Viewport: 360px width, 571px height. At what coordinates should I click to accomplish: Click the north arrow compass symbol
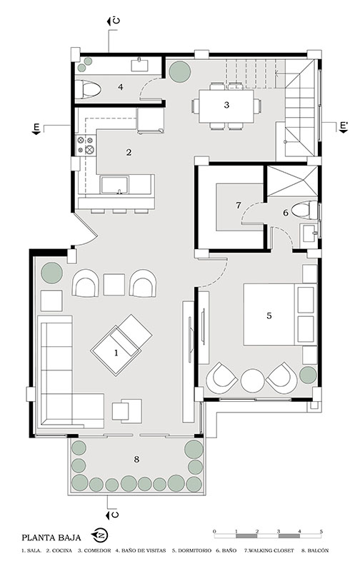[100, 535]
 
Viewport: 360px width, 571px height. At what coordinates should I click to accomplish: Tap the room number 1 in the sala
[116, 353]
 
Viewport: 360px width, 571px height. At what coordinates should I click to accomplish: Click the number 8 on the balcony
[136, 459]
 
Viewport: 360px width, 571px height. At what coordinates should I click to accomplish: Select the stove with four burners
[85, 145]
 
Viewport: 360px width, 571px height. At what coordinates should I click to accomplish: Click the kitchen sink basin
[114, 185]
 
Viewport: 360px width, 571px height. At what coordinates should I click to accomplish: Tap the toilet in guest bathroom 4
[88, 89]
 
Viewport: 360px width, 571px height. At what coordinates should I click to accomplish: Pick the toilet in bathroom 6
[304, 211]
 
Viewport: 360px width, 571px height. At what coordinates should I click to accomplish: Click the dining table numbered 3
[226, 106]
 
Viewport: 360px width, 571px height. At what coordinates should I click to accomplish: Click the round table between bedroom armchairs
[252, 380]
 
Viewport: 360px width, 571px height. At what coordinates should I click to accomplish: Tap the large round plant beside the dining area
[179, 70]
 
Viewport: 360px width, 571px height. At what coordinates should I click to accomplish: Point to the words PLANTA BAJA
[51, 537]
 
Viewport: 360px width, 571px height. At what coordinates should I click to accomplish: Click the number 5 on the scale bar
[321, 532]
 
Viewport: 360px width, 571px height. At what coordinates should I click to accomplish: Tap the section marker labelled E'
[344, 126]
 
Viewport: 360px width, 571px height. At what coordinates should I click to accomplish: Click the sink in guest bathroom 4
[140, 64]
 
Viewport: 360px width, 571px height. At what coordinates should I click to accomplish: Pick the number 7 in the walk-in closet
[239, 206]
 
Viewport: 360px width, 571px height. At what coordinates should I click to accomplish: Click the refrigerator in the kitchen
[150, 120]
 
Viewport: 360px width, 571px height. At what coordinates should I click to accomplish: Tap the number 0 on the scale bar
[214, 532]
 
